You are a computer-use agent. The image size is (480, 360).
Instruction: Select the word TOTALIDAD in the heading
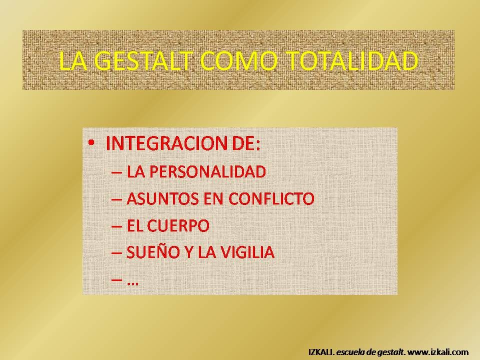coord(352,60)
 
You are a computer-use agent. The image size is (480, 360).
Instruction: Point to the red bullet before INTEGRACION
coord(91,142)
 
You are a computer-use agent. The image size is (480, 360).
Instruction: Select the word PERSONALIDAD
coord(207,171)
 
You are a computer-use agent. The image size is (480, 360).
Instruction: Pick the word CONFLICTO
coord(271,198)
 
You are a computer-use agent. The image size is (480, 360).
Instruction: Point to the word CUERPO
coord(178,225)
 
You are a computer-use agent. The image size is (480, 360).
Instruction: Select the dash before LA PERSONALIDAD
coord(116,172)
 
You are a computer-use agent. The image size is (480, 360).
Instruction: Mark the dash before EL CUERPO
coord(116,227)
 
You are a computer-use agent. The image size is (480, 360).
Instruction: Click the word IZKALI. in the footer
coord(321,352)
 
